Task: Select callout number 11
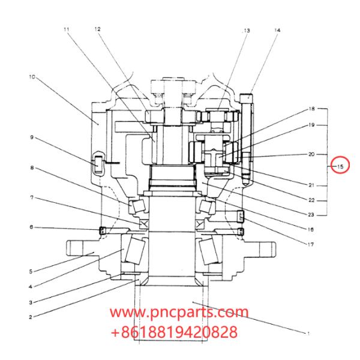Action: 66,28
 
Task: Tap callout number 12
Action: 97,28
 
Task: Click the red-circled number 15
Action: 340,166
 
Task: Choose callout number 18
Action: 311,109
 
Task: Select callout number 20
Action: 311,154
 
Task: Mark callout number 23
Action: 311,215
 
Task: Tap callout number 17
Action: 311,244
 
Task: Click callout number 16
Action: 311,229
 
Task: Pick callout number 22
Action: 311,200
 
